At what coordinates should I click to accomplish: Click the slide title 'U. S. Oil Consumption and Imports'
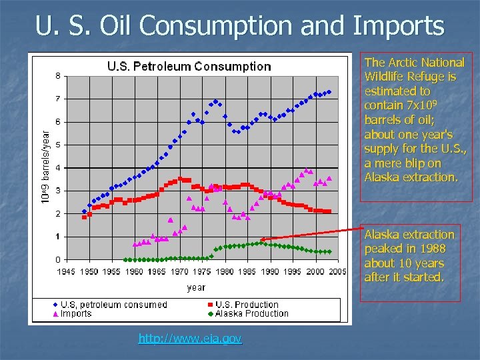click(x=240, y=26)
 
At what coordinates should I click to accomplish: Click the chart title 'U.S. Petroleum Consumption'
click(x=189, y=67)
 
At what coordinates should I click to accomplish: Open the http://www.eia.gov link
click(x=190, y=339)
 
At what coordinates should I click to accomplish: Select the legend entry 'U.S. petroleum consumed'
click(x=113, y=305)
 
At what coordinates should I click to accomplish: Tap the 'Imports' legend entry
click(x=77, y=313)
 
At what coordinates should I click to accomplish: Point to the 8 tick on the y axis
click(x=58, y=75)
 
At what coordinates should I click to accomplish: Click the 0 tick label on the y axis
click(x=58, y=259)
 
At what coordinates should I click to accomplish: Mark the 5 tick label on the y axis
click(x=58, y=145)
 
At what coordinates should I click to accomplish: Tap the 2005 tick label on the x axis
click(x=338, y=271)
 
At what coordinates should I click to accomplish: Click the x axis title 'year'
click(x=196, y=287)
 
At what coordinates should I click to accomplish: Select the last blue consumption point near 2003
click(x=329, y=92)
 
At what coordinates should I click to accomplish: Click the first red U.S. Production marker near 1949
click(x=84, y=217)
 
